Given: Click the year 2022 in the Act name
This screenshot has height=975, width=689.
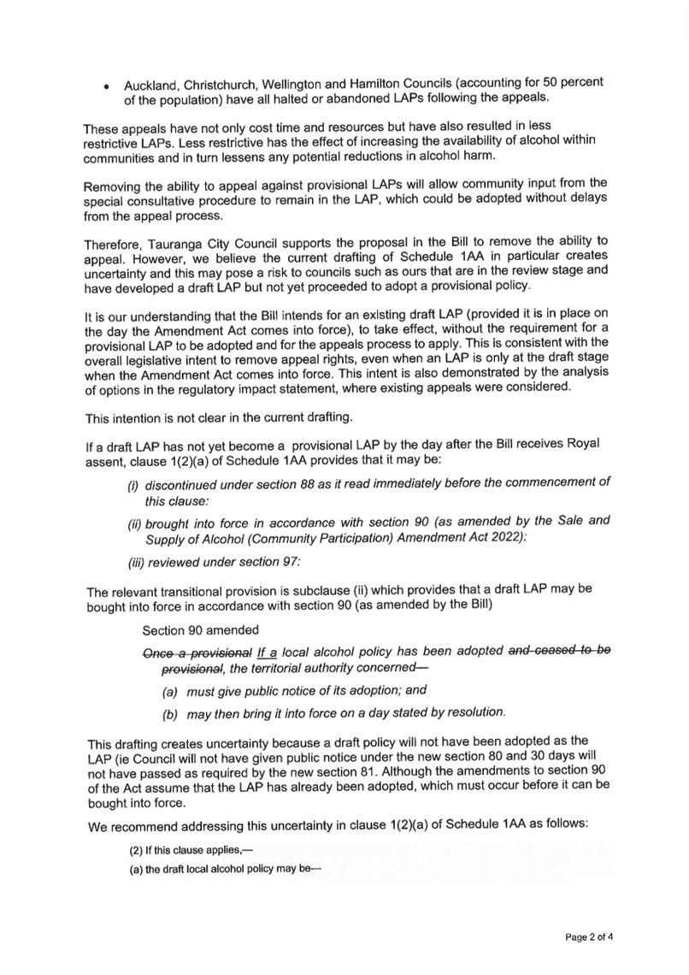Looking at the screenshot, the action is click(x=509, y=536).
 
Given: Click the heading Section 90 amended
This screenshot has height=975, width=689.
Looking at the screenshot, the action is click(x=200, y=630).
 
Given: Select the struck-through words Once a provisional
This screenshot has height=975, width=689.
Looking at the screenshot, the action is click(x=197, y=653).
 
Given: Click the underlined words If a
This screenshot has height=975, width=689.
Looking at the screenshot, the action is click(x=268, y=653).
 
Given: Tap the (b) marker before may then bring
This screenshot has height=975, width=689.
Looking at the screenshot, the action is click(x=170, y=715).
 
